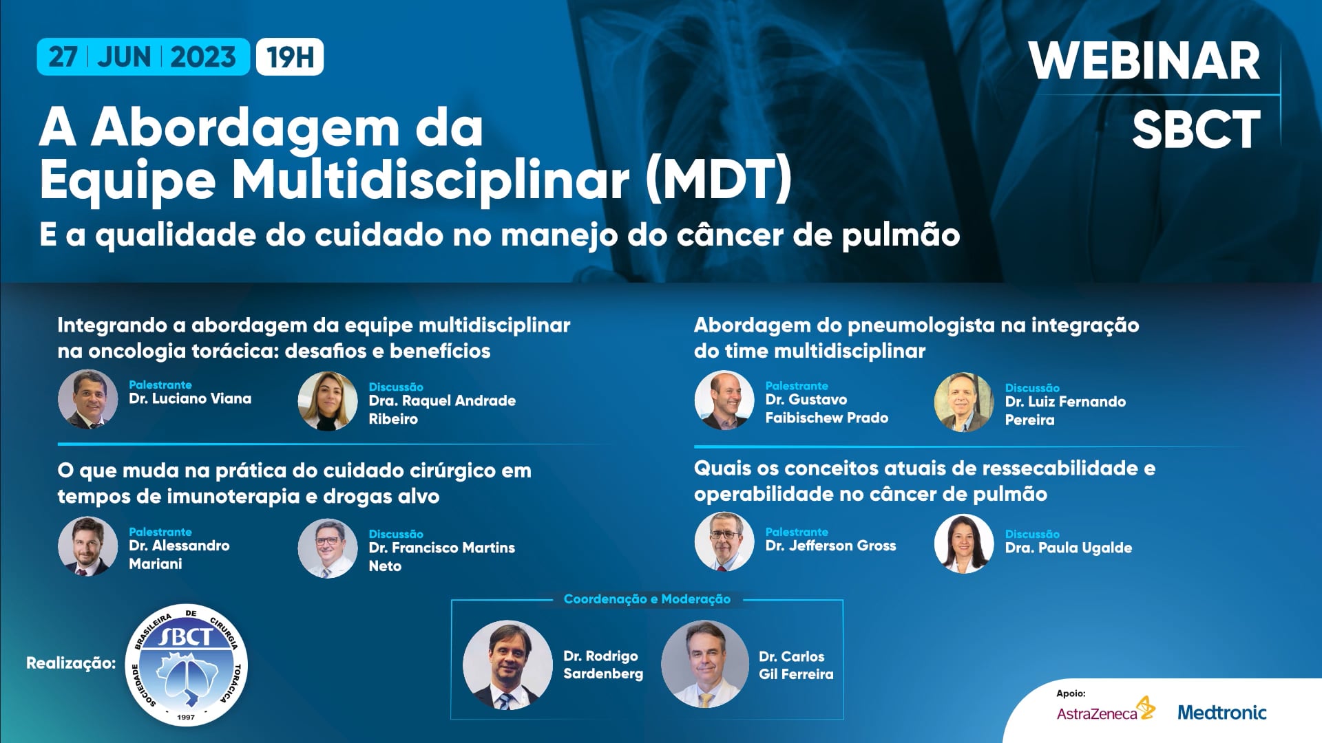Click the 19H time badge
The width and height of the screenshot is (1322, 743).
pos(290,57)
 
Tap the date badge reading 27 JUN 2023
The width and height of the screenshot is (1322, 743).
pos(143,57)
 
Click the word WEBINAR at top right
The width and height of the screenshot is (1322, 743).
pos(1144,62)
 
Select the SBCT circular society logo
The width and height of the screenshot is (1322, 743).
pos(187,665)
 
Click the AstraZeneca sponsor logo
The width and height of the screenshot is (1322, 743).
pos(1105,710)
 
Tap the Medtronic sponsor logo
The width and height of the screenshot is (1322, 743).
pos(1222,712)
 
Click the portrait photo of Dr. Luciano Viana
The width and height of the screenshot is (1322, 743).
pos(87,400)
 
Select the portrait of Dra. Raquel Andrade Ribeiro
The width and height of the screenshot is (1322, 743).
pos(327,401)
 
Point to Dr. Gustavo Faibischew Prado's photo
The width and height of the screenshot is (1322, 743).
pos(724,401)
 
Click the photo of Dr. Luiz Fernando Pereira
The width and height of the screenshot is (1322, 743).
pos(963,402)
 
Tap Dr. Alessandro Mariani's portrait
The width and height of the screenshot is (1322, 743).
pos(87,546)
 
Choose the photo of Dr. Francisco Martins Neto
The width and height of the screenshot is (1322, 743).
pos(327,548)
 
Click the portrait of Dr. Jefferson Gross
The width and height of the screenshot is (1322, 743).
pos(724,542)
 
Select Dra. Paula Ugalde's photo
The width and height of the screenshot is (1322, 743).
pos(963,544)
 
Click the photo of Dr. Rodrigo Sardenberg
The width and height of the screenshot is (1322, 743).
pos(507,665)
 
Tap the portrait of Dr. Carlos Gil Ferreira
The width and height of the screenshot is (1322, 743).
pos(704,665)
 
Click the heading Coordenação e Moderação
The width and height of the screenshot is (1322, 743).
pos(647,599)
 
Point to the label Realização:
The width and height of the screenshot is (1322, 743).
pos(71,663)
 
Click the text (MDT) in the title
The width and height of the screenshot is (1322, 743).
pos(719,180)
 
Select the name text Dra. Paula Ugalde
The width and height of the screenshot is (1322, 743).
pos(1069,548)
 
